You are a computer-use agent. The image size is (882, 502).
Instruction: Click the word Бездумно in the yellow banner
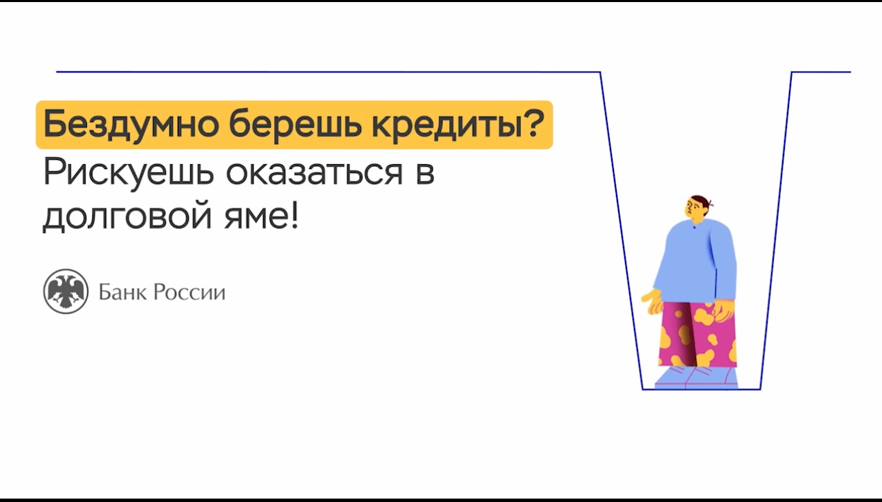131,124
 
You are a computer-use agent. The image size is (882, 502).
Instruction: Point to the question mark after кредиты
531,122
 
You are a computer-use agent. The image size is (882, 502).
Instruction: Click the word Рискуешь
129,173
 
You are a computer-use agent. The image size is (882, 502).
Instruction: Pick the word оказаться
315,172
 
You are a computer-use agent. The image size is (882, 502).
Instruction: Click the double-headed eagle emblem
66,291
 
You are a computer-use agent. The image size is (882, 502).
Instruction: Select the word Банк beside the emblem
122,292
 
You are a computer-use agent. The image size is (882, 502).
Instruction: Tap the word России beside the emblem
189,293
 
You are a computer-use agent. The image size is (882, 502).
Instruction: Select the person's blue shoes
696,378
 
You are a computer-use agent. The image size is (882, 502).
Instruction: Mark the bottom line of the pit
701,389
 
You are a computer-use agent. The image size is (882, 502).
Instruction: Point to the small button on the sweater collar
694,227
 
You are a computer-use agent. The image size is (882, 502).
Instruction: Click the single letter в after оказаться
425,172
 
